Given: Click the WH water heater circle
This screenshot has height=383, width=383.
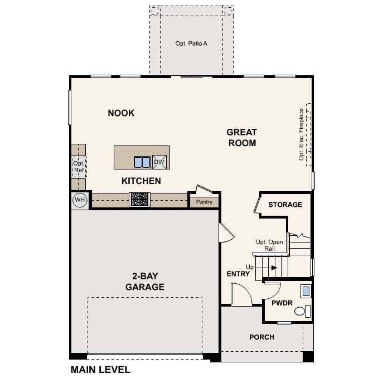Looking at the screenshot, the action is point(80,200).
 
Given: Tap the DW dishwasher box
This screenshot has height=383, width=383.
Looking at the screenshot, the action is point(159,162).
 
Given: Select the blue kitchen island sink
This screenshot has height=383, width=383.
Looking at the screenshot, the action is point(142,162).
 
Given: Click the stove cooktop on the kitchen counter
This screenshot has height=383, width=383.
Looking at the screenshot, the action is point(140,200).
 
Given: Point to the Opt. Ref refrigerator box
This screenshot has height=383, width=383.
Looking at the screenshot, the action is point(79,167).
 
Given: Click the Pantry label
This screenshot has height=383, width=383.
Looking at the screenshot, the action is point(204,202).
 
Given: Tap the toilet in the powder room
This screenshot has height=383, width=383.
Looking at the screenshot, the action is point(302,311).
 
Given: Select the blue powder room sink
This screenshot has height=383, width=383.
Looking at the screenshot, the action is point(306,291).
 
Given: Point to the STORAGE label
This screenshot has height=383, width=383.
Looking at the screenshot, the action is point(285,205).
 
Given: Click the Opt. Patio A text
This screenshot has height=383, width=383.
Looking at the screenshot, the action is point(191,43).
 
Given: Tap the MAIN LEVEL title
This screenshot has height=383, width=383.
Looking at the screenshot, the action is point(100,370).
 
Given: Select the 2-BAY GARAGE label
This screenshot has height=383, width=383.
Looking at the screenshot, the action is point(145,282).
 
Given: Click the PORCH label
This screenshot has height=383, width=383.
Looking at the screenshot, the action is point(262,337).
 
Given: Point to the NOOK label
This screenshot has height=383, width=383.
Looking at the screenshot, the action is point(121,113).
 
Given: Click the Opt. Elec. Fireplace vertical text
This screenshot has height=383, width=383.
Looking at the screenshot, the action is point(301,134).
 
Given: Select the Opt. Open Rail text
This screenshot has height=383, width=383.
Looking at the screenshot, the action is point(269,245).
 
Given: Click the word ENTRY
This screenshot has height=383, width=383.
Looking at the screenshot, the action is point(238,274).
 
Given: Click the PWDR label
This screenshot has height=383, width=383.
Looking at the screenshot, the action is point(282,303).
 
